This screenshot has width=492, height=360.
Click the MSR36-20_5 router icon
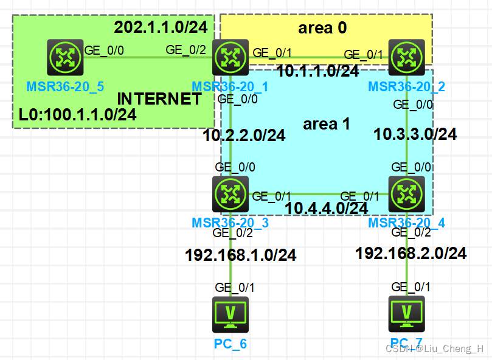pyautogui.click(x=65, y=58)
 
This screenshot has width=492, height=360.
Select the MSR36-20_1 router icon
pyautogui.click(x=230, y=58)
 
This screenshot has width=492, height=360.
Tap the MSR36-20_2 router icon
pyautogui.click(x=406, y=58)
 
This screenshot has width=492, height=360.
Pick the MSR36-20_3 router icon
pyautogui.click(x=230, y=195)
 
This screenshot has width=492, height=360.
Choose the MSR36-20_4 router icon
pyautogui.click(x=406, y=195)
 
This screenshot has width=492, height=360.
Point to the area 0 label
pyautogui.click(x=322, y=28)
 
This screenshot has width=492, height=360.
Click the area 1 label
pyautogui.click(x=327, y=124)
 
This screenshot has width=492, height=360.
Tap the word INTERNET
pyautogui.click(x=159, y=99)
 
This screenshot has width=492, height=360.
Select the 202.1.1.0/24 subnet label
pyautogui.click(x=161, y=27)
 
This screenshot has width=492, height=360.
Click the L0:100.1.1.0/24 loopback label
pyautogui.click(x=77, y=114)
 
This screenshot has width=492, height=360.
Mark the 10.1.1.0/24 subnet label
pyautogui.click(x=317, y=71)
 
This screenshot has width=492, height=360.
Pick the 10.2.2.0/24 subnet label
pyautogui.click(x=244, y=135)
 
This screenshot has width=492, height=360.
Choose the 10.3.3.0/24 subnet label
pyautogui.click(x=415, y=134)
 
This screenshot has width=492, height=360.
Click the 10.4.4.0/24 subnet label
pyautogui.click(x=326, y=208)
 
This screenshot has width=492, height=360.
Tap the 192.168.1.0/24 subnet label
pyautogui.click(x=241, y=255)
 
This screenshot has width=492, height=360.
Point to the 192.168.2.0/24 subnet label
pyautogui.click(x=411, y=253)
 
